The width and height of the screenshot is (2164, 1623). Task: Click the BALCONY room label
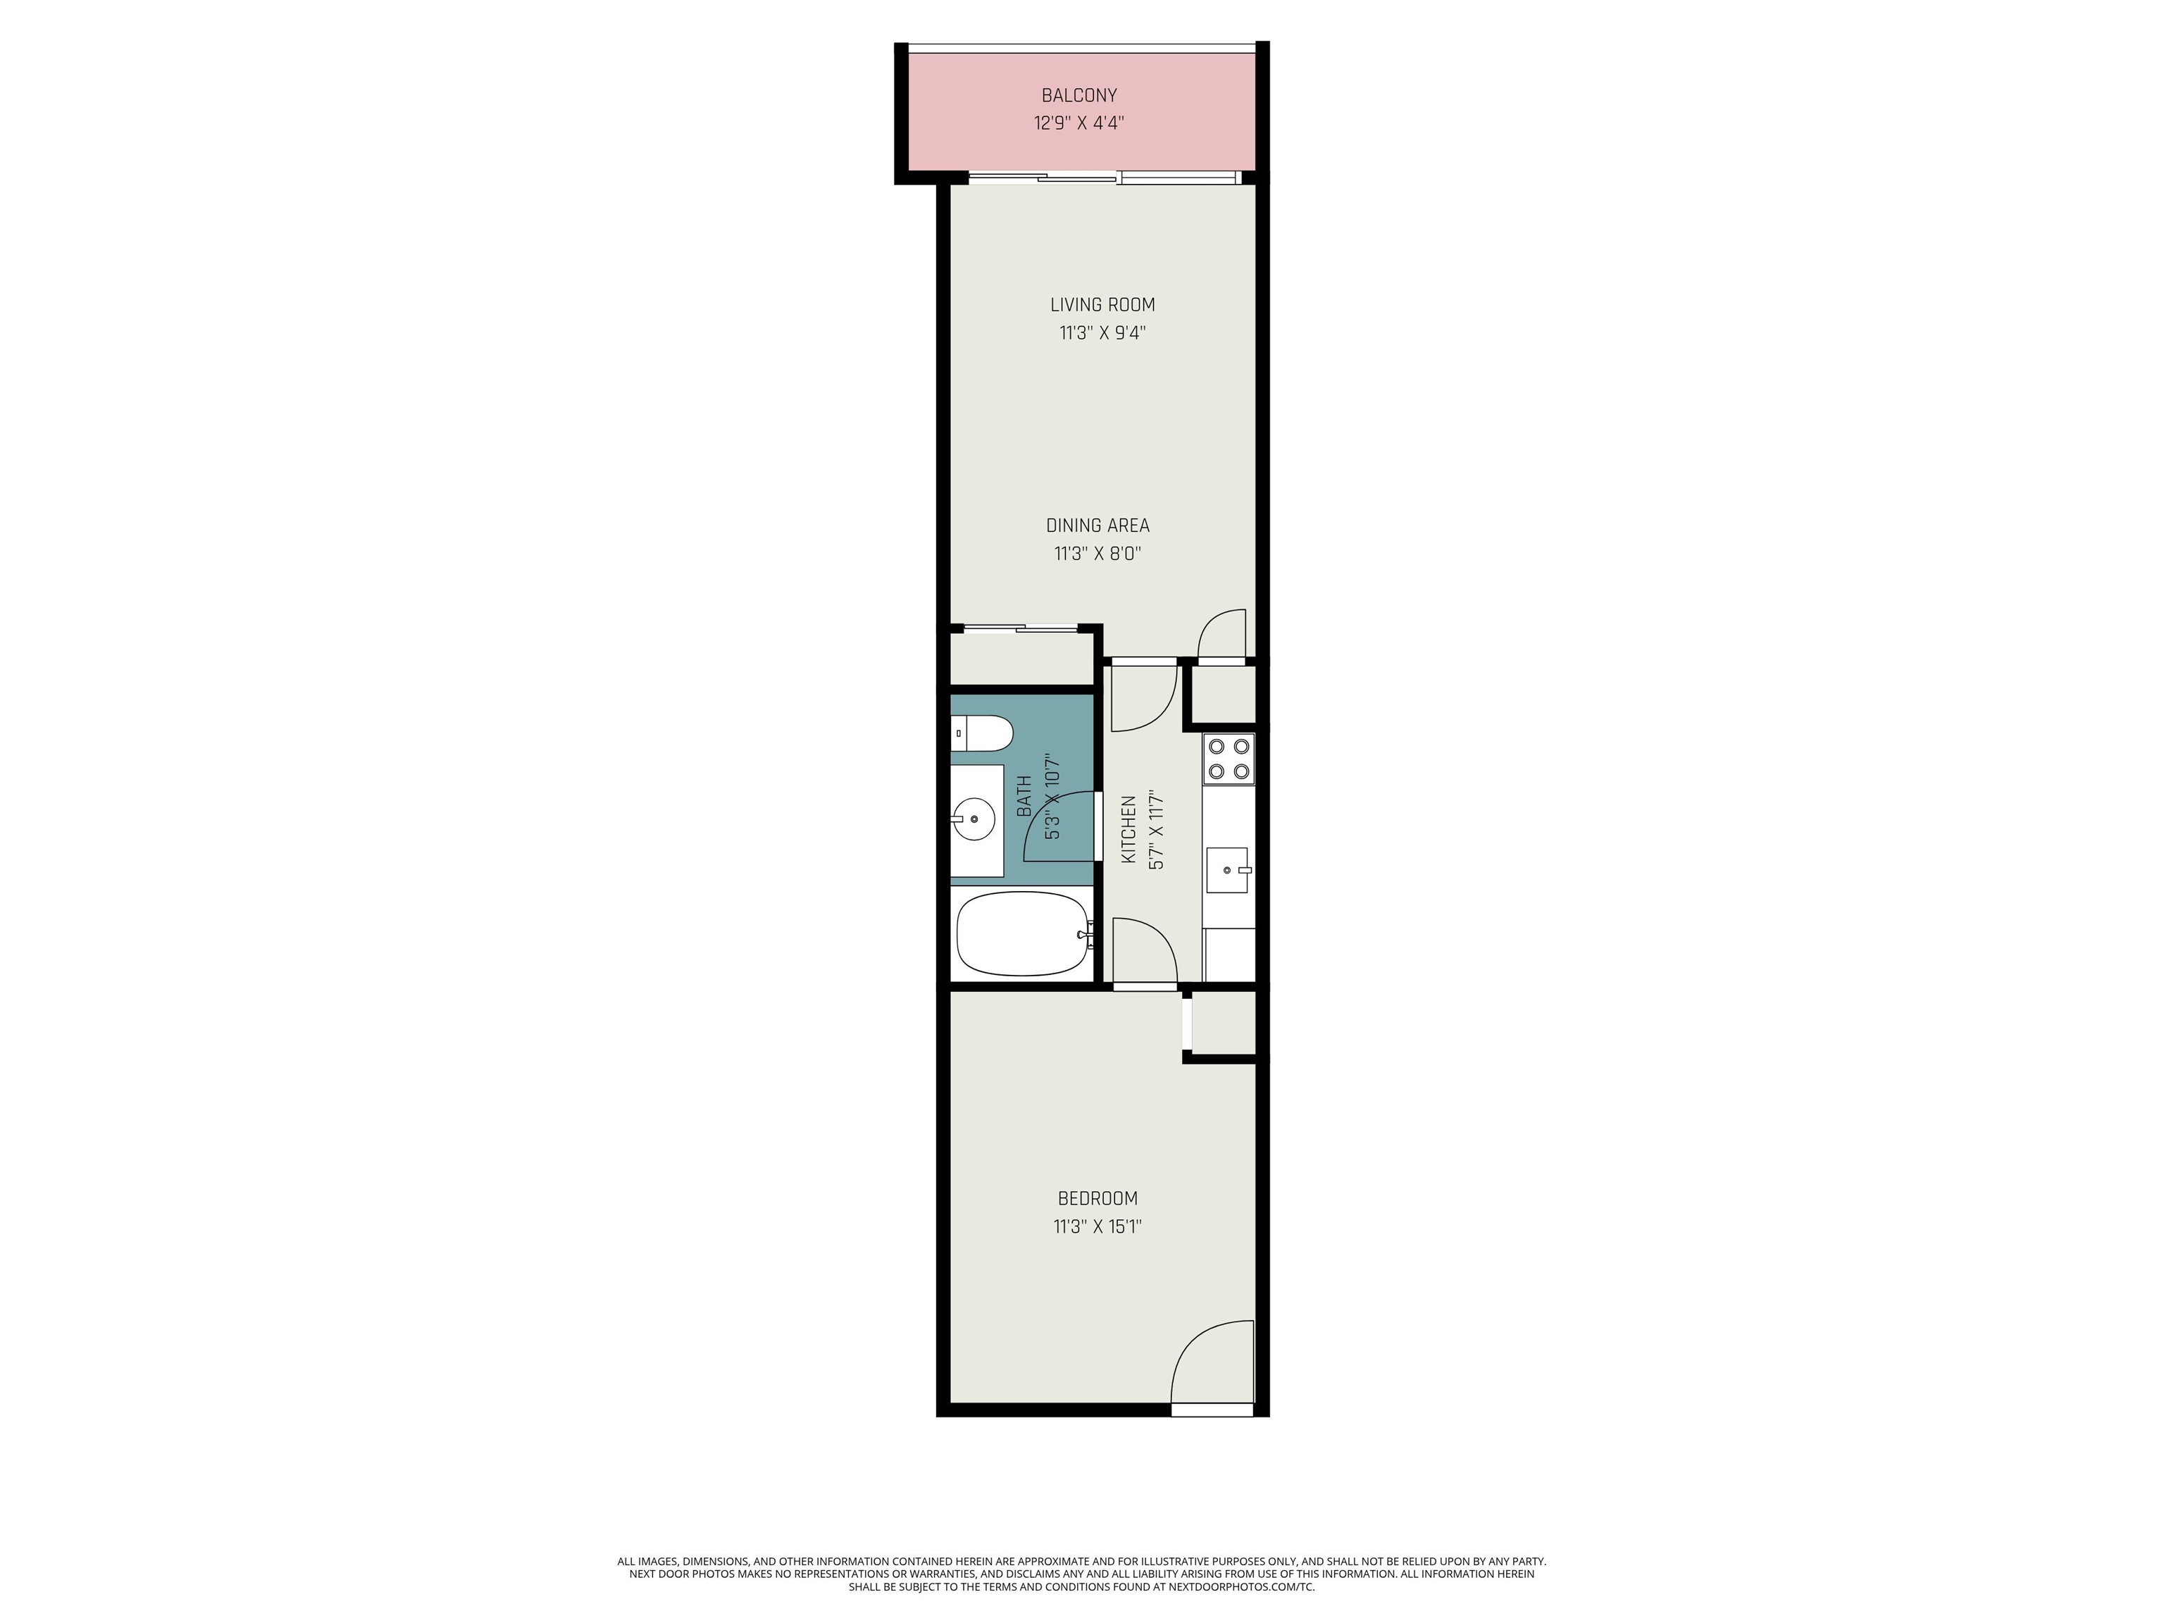1079,96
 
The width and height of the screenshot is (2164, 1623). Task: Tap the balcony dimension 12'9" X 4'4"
1079,123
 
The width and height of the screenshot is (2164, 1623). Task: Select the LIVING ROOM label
1102,305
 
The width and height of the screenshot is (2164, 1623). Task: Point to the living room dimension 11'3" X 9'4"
1102,332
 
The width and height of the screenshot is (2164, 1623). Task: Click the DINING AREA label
1097,526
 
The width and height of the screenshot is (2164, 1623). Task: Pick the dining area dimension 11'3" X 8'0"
1097,554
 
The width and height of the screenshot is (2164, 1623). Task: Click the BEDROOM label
1097,1198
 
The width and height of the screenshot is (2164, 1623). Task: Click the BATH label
1024,795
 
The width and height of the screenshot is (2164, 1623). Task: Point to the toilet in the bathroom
981,734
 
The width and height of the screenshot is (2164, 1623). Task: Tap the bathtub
1024,933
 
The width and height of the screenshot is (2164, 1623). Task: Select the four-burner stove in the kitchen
1229,758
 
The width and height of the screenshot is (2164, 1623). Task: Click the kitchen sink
1228,870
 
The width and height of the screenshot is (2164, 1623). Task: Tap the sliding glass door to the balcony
1105,178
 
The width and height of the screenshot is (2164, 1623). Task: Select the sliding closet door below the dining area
1021,628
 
